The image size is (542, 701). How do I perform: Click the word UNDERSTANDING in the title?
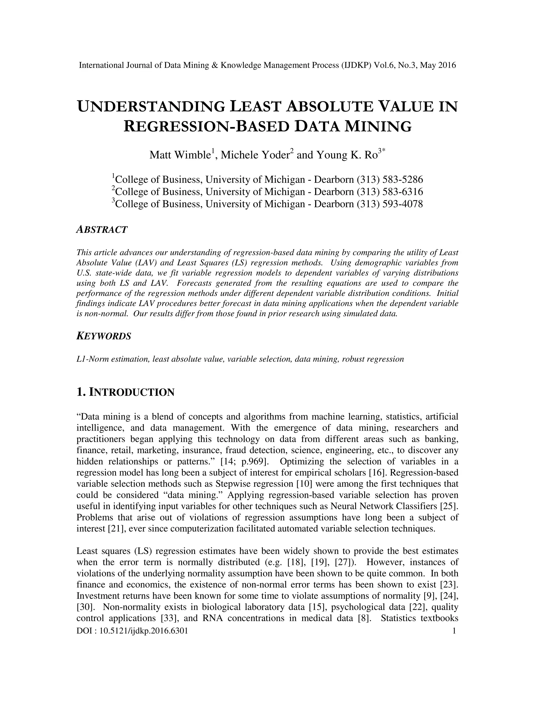click(151, 107)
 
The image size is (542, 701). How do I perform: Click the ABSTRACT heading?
click(102, 230)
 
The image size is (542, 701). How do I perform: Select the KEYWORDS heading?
click(104, 336)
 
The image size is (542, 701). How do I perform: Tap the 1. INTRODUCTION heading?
click(125, 392)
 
